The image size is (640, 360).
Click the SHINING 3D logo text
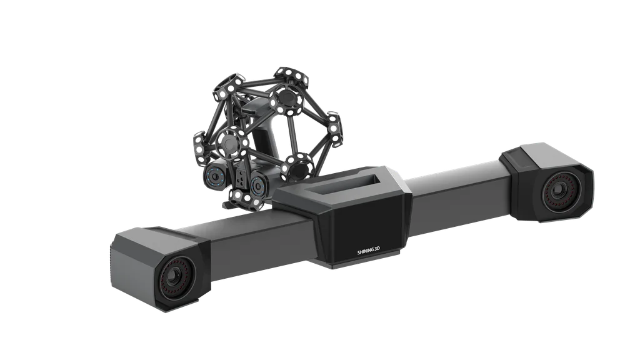tap(369, 252)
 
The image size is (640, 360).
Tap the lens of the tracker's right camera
tap(558, 191)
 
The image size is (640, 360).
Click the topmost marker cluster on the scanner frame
tap(290, 77)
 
